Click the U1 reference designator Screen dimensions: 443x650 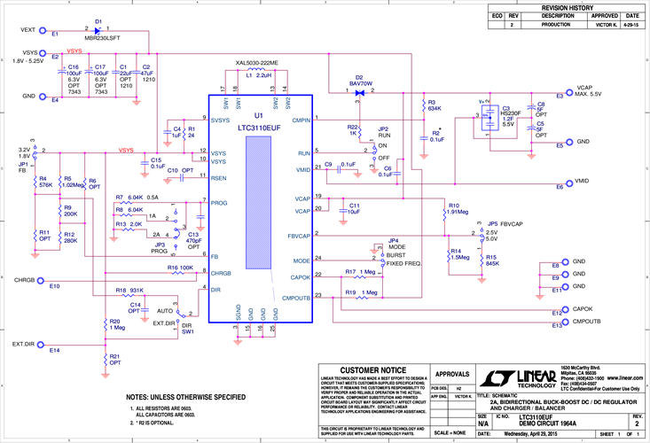pos(258,116)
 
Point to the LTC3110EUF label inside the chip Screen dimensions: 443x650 pos(258,128)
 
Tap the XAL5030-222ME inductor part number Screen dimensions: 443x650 pos(256,64)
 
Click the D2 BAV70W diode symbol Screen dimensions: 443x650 pos(359,92)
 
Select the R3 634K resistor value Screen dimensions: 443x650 pos(434,108)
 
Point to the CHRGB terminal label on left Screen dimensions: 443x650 pos(24,279)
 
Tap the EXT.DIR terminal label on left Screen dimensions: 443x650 pos(23,343)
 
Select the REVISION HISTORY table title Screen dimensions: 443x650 pos(567,6)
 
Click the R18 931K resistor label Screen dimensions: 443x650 pos(129,291)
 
